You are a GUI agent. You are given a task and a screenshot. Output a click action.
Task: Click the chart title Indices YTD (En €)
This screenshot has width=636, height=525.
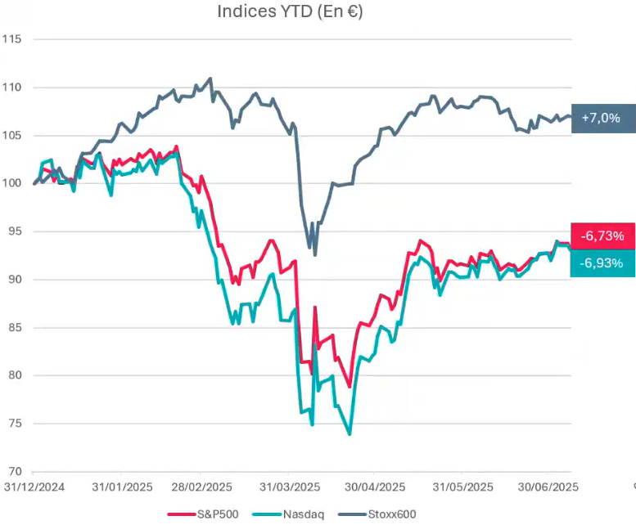coord(291,11)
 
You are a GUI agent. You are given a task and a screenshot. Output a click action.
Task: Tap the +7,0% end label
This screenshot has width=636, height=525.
coord(602,118)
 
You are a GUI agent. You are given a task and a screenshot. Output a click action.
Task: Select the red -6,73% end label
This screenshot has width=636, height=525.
coord(602,236)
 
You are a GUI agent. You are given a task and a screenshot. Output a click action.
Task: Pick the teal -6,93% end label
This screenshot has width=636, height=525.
coord(602,263)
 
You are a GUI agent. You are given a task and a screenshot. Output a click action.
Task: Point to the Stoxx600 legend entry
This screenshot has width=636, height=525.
coord(381,514)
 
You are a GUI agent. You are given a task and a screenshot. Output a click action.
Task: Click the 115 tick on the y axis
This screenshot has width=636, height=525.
coord(11,39)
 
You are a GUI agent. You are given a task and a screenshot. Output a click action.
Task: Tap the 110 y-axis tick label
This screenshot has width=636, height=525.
coord(11,87)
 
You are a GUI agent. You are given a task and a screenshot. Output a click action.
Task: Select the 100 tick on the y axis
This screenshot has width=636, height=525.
coord(11,183)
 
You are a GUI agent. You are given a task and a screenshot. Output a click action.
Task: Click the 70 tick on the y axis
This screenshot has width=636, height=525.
coord(14,472)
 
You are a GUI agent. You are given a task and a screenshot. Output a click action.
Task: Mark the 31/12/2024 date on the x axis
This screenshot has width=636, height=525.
coord(33,487)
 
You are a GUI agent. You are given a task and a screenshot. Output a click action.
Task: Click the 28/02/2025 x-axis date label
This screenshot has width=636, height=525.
coord(204,487)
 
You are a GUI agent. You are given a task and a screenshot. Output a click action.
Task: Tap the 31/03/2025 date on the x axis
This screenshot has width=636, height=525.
coord(291,487)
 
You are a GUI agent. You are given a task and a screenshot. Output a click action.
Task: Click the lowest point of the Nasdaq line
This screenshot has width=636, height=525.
coord(350,434)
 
